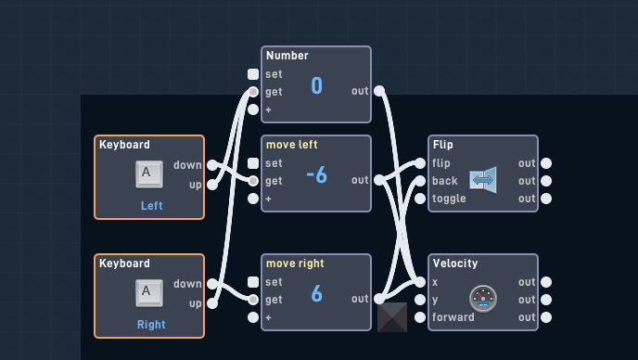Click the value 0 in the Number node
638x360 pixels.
[316, 85]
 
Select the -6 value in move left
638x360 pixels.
[316, 175]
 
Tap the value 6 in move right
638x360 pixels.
[316, 293]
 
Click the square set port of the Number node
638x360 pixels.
[253, 74]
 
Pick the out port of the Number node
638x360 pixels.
[379, 91]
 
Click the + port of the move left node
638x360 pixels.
[253, 199]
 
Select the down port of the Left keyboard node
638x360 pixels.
[212, 165]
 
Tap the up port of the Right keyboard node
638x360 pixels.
[212, 303]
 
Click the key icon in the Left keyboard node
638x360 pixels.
[149, 174]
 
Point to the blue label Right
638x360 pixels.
[151, 325]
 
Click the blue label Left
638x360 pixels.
[152, 206]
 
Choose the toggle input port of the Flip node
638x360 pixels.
[420, 199]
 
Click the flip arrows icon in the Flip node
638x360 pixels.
[483, 180]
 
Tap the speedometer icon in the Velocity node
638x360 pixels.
[483, 299]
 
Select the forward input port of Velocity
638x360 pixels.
[420, 317]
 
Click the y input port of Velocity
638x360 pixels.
[420, 300]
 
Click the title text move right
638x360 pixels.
[295, 264]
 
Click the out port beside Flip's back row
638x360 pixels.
[546, 180]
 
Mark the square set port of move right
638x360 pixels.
[253, 282]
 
